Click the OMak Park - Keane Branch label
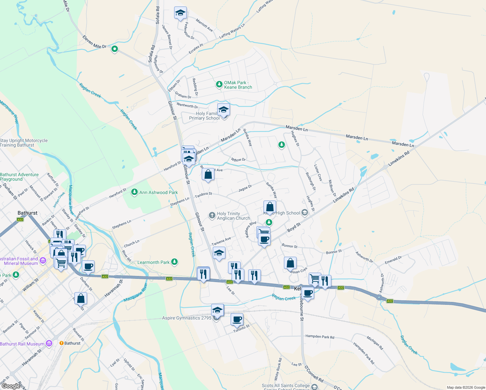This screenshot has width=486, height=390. point(238,85)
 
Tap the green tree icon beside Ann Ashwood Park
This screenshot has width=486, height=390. point(134,192)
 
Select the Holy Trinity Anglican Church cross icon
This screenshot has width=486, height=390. point(212,215)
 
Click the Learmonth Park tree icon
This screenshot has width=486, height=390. point(174,262)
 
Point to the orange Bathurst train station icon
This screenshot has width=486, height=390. point(61,343)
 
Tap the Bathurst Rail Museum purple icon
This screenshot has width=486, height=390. point(49,343)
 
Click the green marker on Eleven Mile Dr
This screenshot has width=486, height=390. point(114,49)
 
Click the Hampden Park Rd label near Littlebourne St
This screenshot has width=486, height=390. point(320,337)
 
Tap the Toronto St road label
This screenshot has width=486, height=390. point(241,329)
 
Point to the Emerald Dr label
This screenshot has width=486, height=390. point(393,260)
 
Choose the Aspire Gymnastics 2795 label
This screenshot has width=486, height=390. point(187,318)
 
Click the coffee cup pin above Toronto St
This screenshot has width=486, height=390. point(237,319)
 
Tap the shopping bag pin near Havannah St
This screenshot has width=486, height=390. point(81,298)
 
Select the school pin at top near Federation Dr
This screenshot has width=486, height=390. point(180,13)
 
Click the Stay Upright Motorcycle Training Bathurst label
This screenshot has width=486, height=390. point(24,143)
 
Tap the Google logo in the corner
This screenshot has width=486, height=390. point(11,386)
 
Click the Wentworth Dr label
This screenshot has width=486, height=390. point(187,105)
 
